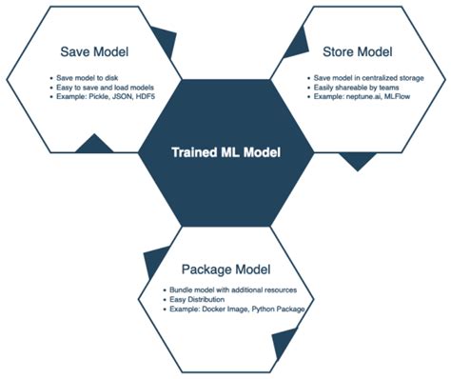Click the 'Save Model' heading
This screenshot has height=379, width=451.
point(93,50)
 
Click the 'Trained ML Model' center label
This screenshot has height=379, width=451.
point(225,152)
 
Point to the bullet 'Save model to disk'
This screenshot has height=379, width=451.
point(80,75)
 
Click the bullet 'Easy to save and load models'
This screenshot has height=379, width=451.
point(98,86)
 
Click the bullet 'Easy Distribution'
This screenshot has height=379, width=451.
point(203,300)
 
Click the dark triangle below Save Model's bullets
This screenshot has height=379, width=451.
point(93,144)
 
